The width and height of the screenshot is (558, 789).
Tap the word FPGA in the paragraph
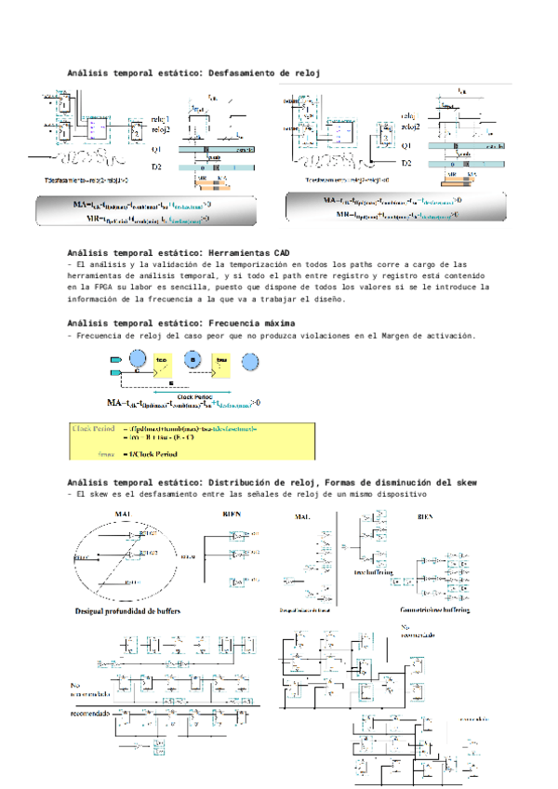pos(91,288)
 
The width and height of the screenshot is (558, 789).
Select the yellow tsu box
pos(221,362)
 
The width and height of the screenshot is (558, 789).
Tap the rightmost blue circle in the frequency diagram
pos(251,362)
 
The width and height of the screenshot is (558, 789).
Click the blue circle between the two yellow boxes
pos(193,359)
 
